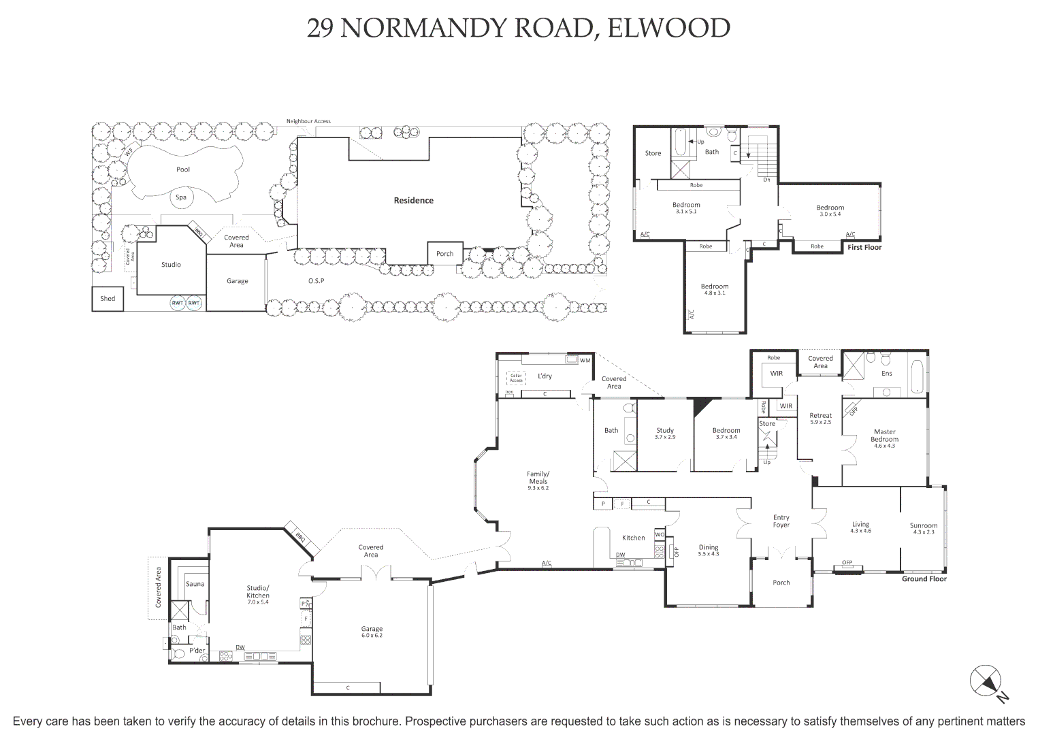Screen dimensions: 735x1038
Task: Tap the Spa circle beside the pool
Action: tap(181, 197)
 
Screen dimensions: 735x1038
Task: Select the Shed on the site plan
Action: tap(108, 299)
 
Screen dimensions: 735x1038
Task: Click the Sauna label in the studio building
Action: tap(195, 584)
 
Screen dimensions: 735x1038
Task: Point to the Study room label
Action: tap(665, 430)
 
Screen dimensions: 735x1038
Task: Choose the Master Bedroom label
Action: tap(884, 436)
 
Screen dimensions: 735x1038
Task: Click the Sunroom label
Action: tap(924, 525)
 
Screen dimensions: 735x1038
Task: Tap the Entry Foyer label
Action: tap(781, 521)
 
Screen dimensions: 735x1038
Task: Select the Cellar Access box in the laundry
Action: tap(516, 378)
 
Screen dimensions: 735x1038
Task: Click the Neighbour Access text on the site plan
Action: tap(308, 121)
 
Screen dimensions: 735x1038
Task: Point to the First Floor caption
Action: tap(864, 248)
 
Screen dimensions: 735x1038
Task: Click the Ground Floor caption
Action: tap(924, 579)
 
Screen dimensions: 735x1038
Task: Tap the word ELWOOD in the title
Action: tap(668, 29)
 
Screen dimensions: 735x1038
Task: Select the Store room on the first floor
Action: tap(653, 154)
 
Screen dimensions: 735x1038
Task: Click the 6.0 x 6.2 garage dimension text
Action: tap(372, 636)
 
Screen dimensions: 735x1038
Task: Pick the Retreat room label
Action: tap(820, 416)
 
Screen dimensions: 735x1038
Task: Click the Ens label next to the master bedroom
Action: tap(886, 374)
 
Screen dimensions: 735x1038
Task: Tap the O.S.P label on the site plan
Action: tap(316, 281)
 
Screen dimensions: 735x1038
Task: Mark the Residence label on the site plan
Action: tap(413, 201)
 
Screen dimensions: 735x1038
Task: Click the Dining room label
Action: tap(709, 547)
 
